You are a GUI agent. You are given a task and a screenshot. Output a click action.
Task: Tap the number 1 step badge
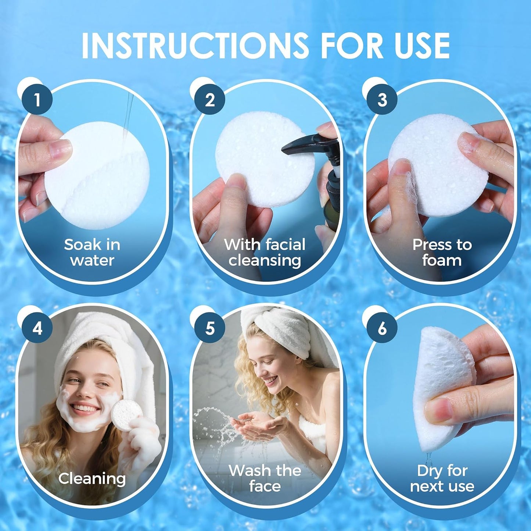click(x=37, y=100)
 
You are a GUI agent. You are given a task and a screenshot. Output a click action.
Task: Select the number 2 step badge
click(x=209, y=100)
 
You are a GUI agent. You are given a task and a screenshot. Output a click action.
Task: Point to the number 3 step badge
click(x=382, y=100)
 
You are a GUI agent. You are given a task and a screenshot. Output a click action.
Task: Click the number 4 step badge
click(x=37, y=328)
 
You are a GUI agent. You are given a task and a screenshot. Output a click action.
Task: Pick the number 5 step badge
click(x=209, y=328)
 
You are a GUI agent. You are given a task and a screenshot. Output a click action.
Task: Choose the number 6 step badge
click(x=382, y=328)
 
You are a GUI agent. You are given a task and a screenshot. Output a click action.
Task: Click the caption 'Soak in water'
click(x=92, y=252)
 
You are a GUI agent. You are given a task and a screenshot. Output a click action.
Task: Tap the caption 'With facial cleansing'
click(x=265, y=252)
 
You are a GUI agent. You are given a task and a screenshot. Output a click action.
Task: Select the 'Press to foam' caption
click(x=442, y=252)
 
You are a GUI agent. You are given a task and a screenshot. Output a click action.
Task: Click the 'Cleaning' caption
click(x=92, y=478)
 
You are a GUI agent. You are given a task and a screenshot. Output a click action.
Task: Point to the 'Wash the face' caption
click(x=265, y=478)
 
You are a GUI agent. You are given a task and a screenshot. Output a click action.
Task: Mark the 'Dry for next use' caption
click(x=442, y=478)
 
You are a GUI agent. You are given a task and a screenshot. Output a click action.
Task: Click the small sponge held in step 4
click(x=125, y=413)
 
